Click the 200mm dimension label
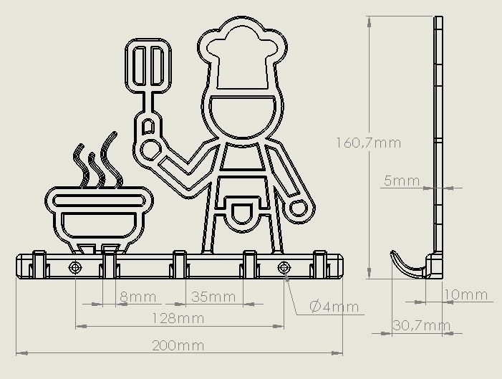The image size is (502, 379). (x=178, y=346)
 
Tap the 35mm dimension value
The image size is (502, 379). (x=213, y=297)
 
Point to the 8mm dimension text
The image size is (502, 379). (x=137, y=297)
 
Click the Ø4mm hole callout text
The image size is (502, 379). (x=334, y=307)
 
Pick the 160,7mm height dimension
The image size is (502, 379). (x=368, y=143)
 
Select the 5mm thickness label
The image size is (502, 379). (x=401, y=181)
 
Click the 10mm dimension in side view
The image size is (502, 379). (x=466, y=294)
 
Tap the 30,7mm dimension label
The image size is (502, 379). (x=422, y=326)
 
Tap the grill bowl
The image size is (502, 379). (x=99, y=215)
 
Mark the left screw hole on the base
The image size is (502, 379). (x=75, y=268)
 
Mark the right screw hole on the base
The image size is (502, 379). (x=284, y=268)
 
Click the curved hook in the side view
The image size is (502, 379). (x=405, y=264)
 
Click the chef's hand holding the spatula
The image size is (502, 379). (x=150, y=148)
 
